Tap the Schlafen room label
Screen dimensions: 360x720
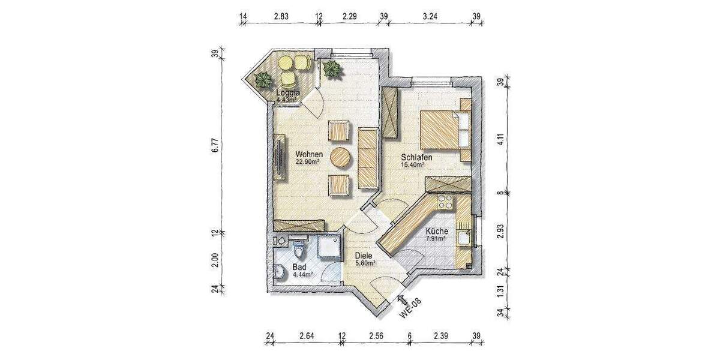(416, 157)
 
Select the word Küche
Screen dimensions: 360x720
(436, 232)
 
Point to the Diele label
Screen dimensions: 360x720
(364, 255)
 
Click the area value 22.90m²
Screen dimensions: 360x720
(307, 161)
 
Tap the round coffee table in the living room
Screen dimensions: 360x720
(340, 157)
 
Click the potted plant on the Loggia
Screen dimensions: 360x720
(262, 80)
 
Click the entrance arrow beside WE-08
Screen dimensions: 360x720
(401, 293)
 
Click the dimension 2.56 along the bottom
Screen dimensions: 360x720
(376, 334)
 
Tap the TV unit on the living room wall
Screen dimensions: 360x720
(280, 157)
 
